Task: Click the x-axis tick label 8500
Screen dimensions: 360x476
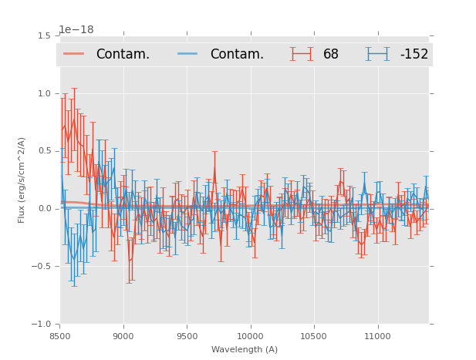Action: click(60, 336)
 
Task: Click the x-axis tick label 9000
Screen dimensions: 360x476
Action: click(123, 336)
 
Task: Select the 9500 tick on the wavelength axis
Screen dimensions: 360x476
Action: click(187, 336)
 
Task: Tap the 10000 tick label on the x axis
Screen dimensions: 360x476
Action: click(250, 336)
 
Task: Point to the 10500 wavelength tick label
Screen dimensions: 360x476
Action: click(314, 336)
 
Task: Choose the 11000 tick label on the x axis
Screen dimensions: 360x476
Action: click(377, 336)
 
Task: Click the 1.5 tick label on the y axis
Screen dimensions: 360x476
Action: click(44, 35)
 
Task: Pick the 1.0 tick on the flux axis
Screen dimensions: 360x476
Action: click(44, 93)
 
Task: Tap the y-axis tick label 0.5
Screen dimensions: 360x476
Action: click(44, 151)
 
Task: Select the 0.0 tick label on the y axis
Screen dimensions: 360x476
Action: click(44, 209)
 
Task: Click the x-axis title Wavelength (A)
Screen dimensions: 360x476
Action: click(245, 350)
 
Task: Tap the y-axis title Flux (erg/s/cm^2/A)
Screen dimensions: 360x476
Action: click(22, 180)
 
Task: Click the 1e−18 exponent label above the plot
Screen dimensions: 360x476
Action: click(76, 30)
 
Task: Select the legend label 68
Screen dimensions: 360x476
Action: click(331, 54)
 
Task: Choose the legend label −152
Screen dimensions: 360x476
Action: click(414, 54)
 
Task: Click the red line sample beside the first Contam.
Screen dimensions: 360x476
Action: click(74, 53)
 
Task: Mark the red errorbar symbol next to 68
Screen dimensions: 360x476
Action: click(302, 53)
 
